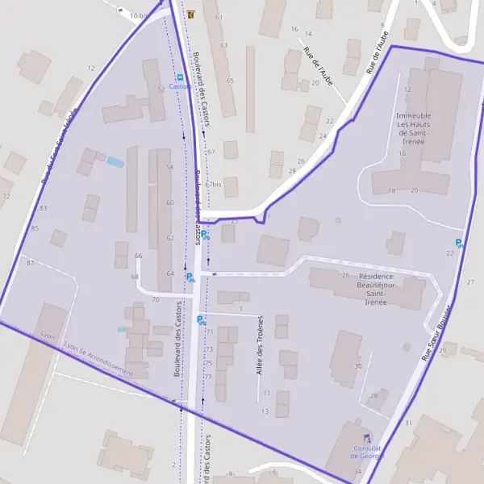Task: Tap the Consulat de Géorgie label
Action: (x=361, y=452)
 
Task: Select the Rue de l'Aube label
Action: (x=318, y=65)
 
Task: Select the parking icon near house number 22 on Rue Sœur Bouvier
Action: (x=460, y=243)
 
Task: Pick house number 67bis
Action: (x=213, y=184)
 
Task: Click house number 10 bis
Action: (x=140, y=15)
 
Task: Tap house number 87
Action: (x=31, y=263)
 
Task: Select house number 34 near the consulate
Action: (x=357, y=471)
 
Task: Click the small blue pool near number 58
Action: (x=116, y=161)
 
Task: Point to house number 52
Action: (x=161, y=90)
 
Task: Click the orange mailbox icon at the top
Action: (x=190, y=15)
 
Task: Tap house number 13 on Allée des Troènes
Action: (x=265, y=411)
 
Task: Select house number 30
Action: (x=357, y=366)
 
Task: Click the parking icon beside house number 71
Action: (x=201, y=320)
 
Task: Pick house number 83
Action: (x=44, y=208)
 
